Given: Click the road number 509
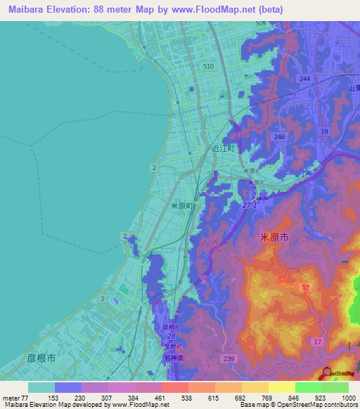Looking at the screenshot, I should coord(261,24).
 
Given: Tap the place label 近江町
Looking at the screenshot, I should coord(226,149).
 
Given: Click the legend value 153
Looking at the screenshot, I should coord(54,398).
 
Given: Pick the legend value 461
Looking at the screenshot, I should coord(162,398).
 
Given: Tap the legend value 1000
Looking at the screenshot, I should coord(349,398).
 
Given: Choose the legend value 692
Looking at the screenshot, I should coord(242,398).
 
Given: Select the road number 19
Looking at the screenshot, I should coord(323,131).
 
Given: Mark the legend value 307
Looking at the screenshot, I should coord(108,398).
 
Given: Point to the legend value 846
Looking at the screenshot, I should coord(295,398).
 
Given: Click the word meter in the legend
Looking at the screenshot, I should coord(12,398).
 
